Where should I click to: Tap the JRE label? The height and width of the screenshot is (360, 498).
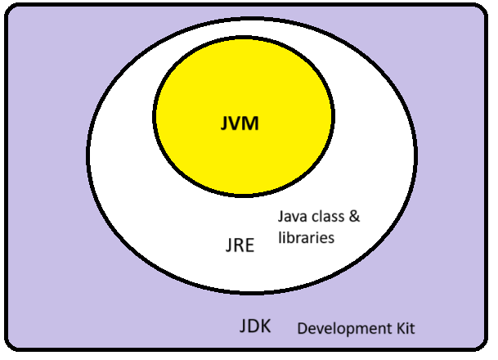pyautogui.click(x=238, y=245)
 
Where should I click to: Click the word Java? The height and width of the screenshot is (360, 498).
pyautogui.click(x=291, y=218)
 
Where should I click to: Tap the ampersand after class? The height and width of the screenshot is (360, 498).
pyautogui.click(x=355, y=218)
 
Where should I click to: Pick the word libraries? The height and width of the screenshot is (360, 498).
pyautogui.click(x=304, y=238)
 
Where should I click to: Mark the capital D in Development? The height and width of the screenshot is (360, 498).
pyautogui.click(x=302, y=329)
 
